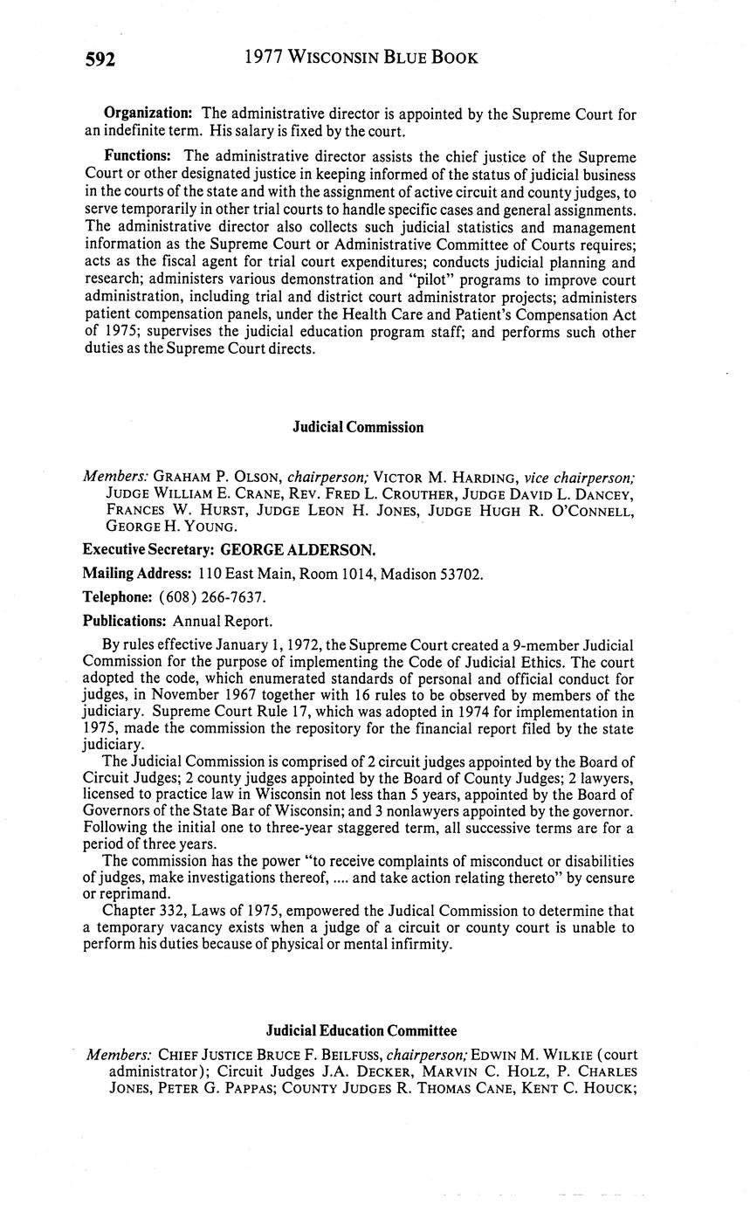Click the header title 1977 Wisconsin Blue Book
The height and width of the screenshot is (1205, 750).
(x=361, y=58)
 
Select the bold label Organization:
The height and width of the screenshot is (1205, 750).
(x=148, y=114)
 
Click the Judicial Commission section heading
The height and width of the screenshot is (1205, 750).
(x=358, y=427)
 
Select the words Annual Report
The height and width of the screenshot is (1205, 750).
(x=223, y=621)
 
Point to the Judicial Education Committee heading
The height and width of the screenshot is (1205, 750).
(x=361, y=1031)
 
